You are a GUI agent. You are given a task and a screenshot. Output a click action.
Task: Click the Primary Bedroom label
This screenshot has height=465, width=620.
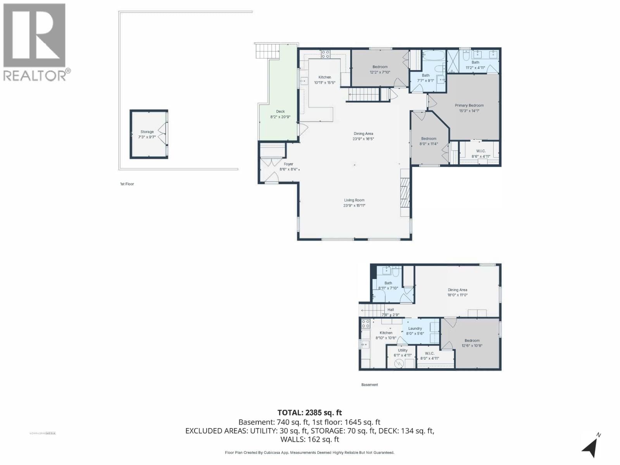click(469, 105)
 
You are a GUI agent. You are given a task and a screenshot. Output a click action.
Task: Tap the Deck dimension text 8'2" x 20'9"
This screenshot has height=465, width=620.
click(280, 117)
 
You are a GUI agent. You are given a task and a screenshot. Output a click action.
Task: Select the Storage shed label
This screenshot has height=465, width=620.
click(147, 132)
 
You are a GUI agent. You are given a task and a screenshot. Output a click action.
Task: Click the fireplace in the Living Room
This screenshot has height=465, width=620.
click(405, 193)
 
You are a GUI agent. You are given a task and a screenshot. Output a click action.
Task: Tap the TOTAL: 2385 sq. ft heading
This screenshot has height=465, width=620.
click(310, 413)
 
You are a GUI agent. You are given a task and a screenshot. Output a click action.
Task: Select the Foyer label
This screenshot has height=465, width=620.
click(288, 164)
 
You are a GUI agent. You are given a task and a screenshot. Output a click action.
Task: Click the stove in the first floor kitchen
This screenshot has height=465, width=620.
click(325, 54)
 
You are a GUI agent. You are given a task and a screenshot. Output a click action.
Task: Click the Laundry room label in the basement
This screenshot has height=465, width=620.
click(415, 328)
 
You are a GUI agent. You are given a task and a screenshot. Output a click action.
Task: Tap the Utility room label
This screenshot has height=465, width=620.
click(403, 350)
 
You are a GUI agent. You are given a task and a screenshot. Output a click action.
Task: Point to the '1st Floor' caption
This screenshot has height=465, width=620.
click(127, 184)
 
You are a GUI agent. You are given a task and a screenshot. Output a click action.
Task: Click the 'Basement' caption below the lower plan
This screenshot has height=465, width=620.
click(369, 385)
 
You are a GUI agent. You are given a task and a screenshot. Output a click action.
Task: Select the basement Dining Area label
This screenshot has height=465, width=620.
click(457, 290)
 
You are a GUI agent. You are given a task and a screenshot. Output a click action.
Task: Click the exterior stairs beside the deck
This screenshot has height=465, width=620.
click(267, 50)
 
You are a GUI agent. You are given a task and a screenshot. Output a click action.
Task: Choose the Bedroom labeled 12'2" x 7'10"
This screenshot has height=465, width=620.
click(380, 67)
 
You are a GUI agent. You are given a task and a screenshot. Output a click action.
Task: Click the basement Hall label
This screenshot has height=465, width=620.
click(390, 310)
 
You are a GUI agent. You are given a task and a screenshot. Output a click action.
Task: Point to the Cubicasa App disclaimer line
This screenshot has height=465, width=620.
click(310, 453)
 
